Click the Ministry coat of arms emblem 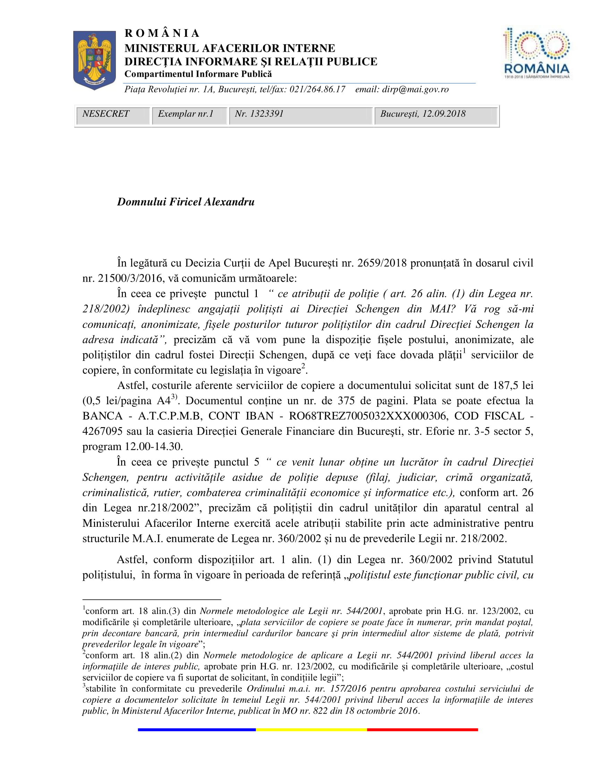pos(94,59)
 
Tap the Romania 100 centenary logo pos(537,53)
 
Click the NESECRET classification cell pos(106,114)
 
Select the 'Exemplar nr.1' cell pos(186,114)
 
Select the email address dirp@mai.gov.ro pos(415,90)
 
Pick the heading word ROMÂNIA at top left pos(162,34)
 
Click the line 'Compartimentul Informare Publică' pos(198,74)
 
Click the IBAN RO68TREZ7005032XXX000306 pos(368,416)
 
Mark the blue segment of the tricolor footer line pos(196,730)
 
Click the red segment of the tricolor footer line pos(422,730)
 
